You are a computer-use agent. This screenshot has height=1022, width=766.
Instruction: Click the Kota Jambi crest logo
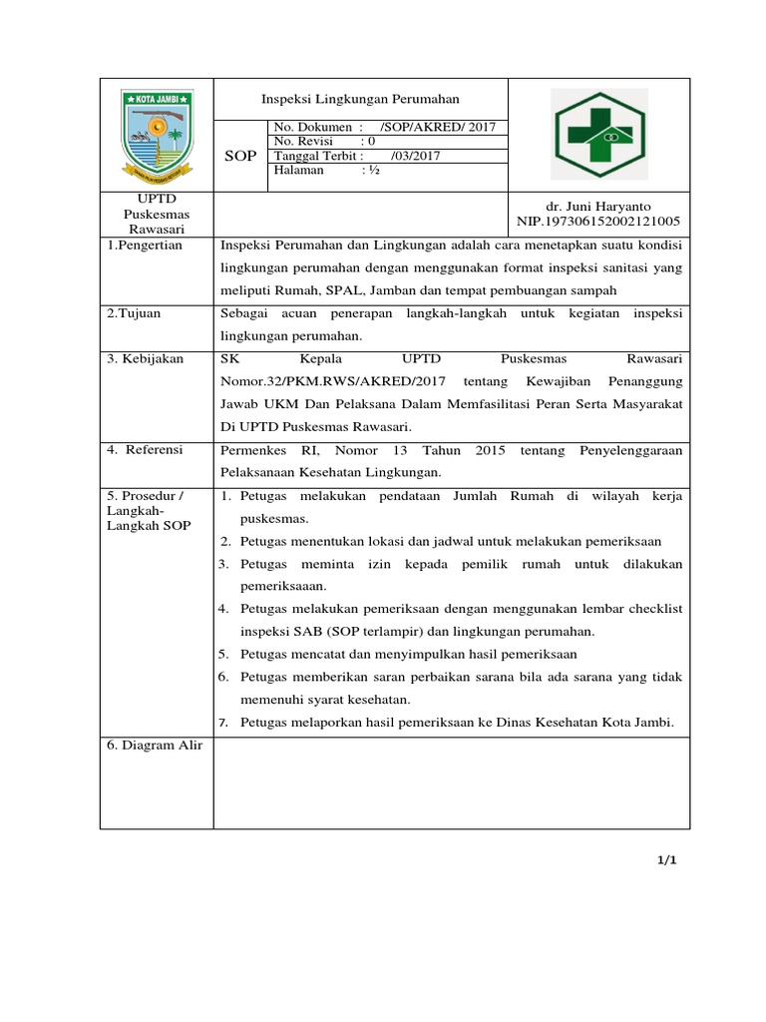tap(157, 134)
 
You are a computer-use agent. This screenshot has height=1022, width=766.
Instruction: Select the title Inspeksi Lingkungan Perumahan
tap(360, 99)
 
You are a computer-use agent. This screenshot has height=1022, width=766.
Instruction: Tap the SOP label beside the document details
tap(240, 157)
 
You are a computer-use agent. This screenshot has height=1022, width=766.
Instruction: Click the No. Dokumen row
tap(384, 128)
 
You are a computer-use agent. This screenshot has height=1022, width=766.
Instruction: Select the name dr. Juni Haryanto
tap(598, 206)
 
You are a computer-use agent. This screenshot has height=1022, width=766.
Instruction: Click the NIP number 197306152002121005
tap(598, 222)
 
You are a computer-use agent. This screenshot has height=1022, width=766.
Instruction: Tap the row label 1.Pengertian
tap(146, 247)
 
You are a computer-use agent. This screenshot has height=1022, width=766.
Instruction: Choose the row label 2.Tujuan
tap(134, 313)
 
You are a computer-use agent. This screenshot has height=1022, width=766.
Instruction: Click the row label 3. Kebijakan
tap(146, 358)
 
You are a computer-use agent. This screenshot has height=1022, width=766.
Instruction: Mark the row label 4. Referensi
tap(146, 450)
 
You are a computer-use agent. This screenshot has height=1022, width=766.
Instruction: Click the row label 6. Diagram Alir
tap(154, 746)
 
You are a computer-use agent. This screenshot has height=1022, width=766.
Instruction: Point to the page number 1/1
tap(667, 859)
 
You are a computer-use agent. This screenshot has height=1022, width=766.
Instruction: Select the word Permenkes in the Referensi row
tap(253, 451)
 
